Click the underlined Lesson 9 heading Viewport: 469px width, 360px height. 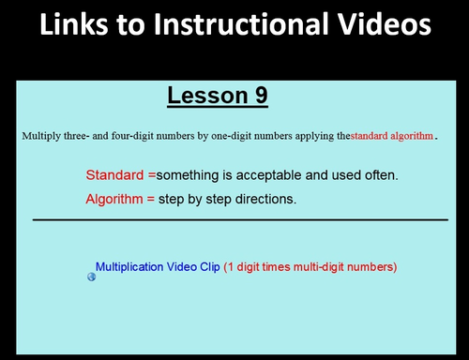point(218,95)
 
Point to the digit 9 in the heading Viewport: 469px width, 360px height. point(259,95)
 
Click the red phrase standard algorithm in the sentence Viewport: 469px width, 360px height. point(392,136)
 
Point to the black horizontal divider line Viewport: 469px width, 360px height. point(240,219)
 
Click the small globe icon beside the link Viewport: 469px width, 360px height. point(91,277)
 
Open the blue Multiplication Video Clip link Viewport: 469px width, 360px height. point(158,267)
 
